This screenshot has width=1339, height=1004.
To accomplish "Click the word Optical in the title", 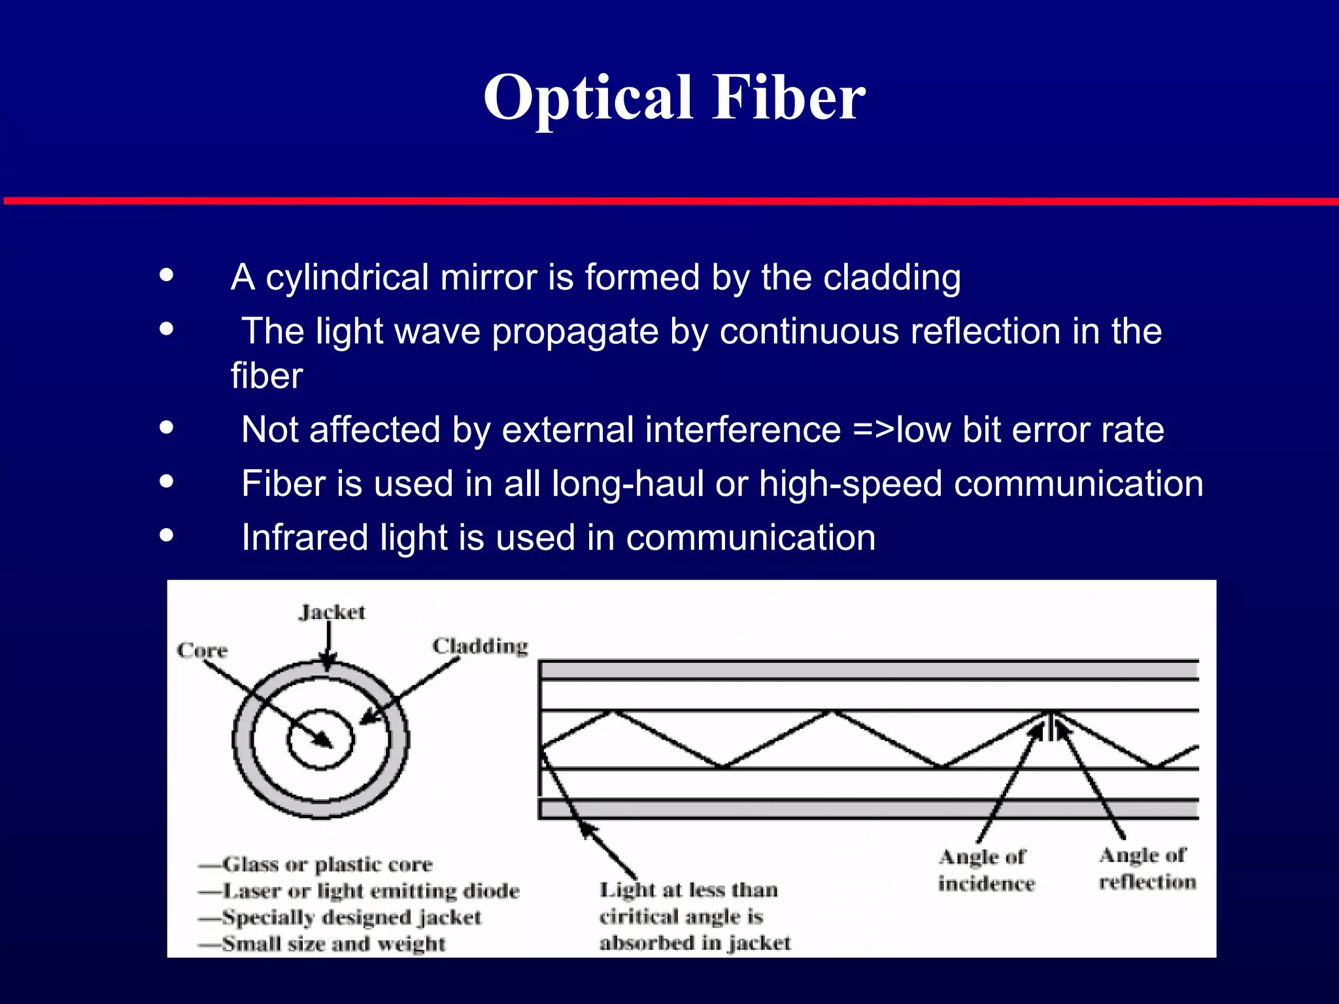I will [x=587, y=98].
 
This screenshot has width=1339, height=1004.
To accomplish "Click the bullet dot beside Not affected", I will [x=167, y=428].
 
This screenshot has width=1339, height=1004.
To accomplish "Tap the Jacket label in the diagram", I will [x=332, y=612].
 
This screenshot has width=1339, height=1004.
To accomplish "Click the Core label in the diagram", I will [x=202, y=650].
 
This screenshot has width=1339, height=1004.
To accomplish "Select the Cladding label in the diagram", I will [x=480, y=646].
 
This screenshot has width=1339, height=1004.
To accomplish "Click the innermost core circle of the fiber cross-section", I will [x=320, y=739].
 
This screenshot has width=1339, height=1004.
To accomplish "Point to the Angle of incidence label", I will [x=986, y=870].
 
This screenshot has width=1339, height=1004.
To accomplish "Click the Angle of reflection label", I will [x=1147, y=869].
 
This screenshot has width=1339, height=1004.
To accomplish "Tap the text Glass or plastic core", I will [x=327, y=865].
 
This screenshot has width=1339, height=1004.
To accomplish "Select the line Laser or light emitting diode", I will [x=370, y=891].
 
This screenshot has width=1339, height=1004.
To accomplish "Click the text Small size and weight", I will [x=333, y=944].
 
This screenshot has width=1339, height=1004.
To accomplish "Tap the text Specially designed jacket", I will [x=351, y=917].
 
